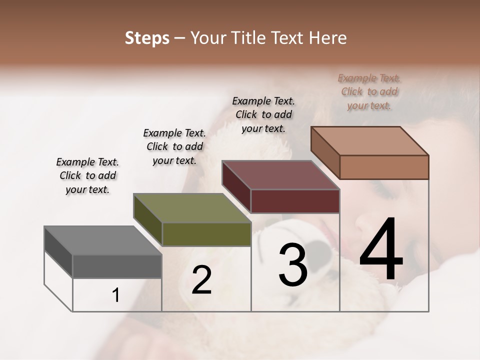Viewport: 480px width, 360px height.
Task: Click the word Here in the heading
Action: point(327,38)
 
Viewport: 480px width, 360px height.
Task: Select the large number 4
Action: point(381,250)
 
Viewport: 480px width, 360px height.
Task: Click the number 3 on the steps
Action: point(292,265)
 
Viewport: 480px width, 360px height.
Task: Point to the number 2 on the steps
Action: point(201,280)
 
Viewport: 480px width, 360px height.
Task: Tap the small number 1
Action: point(115,295)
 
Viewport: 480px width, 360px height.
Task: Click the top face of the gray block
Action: point(103,240)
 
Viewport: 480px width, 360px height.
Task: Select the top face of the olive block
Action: point(192,208)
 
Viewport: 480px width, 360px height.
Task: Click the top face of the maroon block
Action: point(280,175)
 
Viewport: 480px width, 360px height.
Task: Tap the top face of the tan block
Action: point(369,141)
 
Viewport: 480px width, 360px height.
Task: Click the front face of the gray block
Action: point(117,266)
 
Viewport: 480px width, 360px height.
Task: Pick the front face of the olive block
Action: point(206,234)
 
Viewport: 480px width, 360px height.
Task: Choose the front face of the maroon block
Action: point(295,201)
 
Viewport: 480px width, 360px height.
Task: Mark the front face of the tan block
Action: point(384,167)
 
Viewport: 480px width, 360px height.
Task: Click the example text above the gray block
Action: point(87,175)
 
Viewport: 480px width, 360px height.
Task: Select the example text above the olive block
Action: point(174,146)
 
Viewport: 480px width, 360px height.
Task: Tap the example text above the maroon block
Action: point(263,114)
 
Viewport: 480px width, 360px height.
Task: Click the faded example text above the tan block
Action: point(369,91)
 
